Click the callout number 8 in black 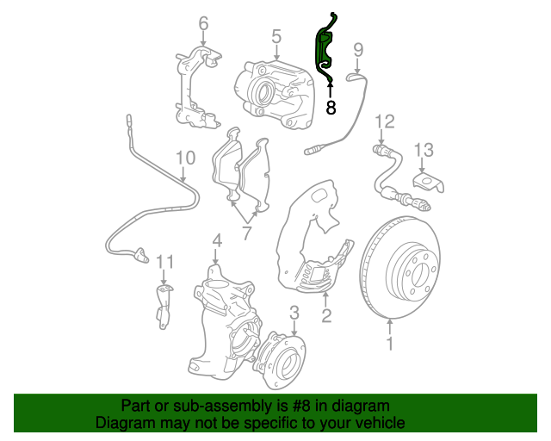pyautogui.click(x=331, y=108)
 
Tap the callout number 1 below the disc pyautogui.click(x=390, y=343)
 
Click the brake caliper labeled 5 pyautogui.click(x=275, y=94)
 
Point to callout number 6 pyautogui.click(x=203, y=23)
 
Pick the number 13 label pyautogui.click(x=424, y=150)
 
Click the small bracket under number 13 pyautogui.click(x=429, y=183)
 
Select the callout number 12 pyautogui.click(x=385, y=121)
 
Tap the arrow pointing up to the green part pyautogui.click(x=331, y=90)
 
